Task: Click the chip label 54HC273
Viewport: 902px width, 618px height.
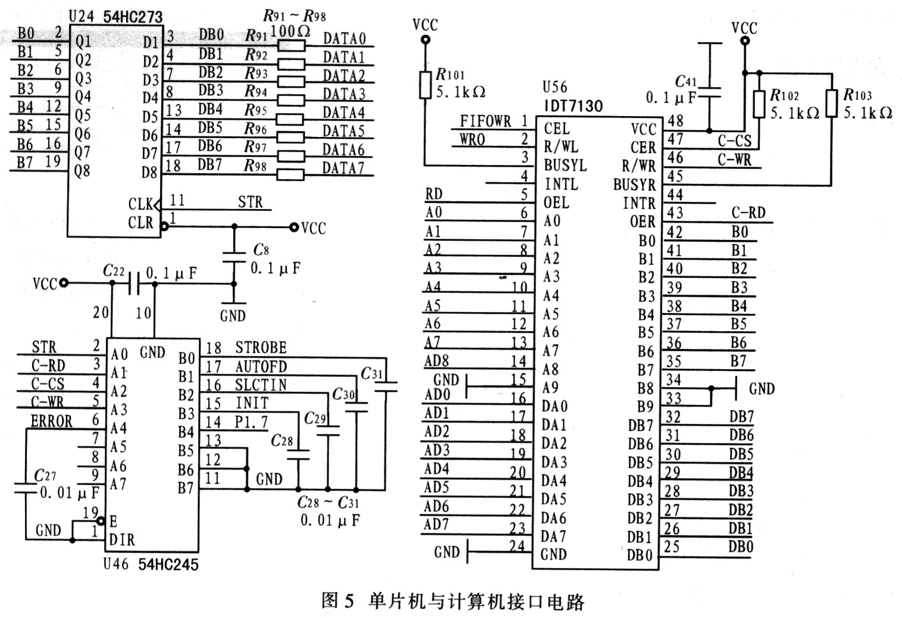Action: coord(132,17)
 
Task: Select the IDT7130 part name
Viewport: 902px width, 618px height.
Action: coord(572,106)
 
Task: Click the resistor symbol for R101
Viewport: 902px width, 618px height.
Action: coord(425,85)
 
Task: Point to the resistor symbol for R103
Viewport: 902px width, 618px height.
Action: coord(832,103)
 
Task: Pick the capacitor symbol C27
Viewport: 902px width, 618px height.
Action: coord(25,488)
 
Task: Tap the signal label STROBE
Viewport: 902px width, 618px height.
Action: coord(261,348)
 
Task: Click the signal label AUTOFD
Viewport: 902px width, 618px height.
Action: coord(261,366)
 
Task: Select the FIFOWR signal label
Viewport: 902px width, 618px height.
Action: coord(485,121)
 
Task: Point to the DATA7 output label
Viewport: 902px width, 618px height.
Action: coord(343,168)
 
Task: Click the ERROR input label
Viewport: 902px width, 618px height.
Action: coord(51,422)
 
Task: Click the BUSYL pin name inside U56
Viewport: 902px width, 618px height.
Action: coord(565,166)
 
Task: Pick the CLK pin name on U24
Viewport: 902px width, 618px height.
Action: coord(140,204)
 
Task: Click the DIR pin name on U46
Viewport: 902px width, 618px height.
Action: coord(122,540)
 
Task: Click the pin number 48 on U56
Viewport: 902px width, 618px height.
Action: coord(675,121)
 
